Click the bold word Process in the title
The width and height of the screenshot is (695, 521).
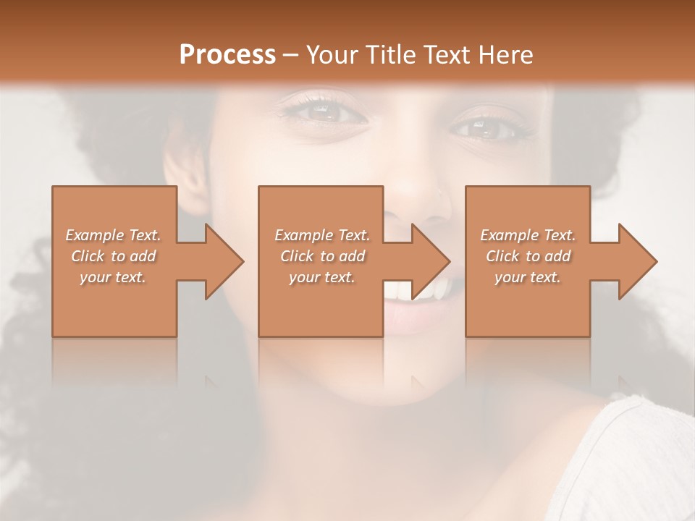coord(227,55)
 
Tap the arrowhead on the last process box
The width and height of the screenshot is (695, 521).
coord(636,261)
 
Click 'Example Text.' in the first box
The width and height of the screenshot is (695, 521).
coord(114,235)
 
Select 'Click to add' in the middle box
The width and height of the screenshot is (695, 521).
coord(322,256)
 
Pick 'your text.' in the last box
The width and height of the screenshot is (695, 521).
coord(528,277)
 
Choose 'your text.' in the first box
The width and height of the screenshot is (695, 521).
coord(114,277)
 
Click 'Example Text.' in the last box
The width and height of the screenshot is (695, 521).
coord(528,235)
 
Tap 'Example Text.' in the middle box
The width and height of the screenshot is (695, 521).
coord(322,235)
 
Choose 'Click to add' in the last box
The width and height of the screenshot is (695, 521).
coord(528,256)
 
